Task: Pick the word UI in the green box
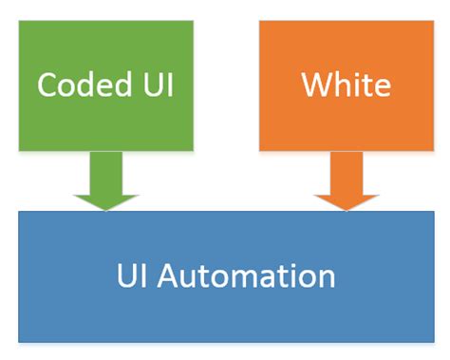pos(157,85)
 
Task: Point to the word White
pos(346,85)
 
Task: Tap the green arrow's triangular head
pos(105,199)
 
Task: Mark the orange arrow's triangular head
pos(346,199)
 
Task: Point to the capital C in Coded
pos(47,85)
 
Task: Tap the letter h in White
pos(343,85)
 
